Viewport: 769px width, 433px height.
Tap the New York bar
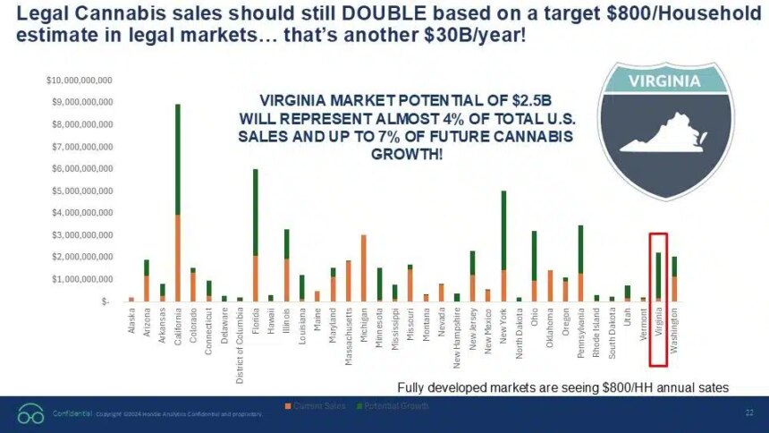[503, 246]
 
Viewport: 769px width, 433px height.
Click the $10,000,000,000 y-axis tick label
[78, 81]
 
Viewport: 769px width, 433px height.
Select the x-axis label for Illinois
[286, 320]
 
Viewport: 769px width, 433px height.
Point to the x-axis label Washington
[673, 329]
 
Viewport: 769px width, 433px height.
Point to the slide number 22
[748, 412]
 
